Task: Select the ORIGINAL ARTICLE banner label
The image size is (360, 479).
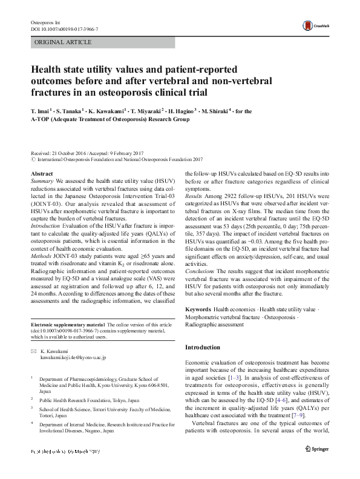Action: [64, 42]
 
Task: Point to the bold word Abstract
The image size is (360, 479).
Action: [41, 174]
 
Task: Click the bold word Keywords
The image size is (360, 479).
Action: [198, 309]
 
